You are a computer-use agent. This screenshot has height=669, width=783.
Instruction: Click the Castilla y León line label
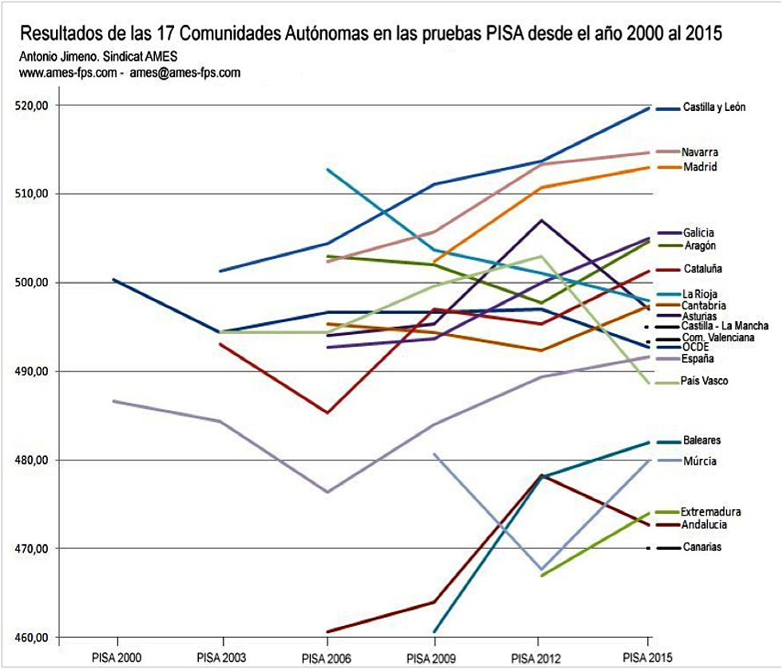[714, 108]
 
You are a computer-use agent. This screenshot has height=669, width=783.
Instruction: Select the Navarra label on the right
[700, 152]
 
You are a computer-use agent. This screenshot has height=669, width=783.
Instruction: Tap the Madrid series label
[700, 167]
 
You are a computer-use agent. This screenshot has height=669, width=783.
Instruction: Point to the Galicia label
[698, 233]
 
